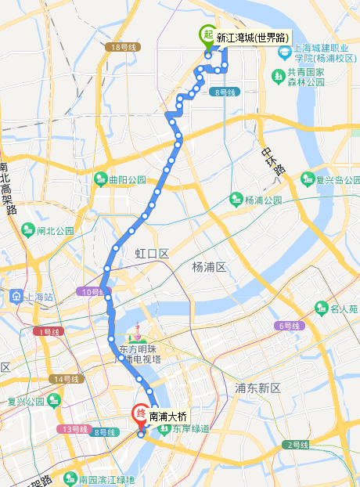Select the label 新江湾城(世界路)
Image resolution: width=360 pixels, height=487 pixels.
coord(252,38)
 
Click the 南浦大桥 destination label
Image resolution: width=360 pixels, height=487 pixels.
coord(167,416)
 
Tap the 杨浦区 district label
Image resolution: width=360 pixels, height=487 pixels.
coord(209,267)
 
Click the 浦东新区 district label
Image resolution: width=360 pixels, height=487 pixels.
coord(257,388)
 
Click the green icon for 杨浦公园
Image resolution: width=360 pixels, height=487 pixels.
coord(236,200)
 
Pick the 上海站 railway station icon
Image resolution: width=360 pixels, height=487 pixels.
coord(16,297)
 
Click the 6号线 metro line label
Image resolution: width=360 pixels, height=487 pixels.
coord(288,325)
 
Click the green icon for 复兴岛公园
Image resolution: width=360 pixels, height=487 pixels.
coord(308,179)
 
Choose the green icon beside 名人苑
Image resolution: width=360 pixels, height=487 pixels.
coord(320,308)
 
